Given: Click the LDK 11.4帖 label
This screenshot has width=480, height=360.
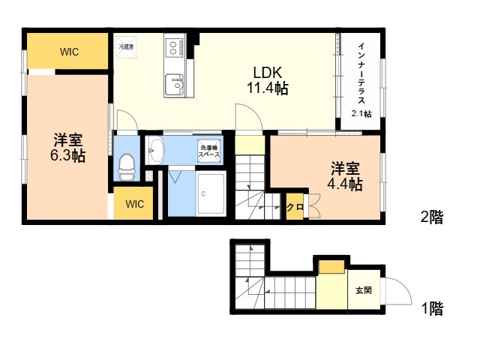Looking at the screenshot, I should pyautogui.click(x=267, y=80).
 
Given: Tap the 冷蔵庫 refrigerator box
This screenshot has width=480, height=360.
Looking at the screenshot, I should pyautogui.click(x=127, y=46).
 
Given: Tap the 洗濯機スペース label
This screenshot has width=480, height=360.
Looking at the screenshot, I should pyautogui.click(x=209, y=151).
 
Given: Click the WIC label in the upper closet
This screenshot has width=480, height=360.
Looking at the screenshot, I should pyautogui.click(x=70, y=52).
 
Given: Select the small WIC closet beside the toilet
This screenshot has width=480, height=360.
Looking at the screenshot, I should pyautogui.click(x=134, y=203).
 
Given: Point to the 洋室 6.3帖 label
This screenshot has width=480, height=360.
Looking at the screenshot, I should pyautogui.click(x=68, y=148).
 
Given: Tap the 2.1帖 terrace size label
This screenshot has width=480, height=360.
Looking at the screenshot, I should pyautogui.click(x=361, y=113).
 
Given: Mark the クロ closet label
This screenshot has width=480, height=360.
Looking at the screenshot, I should pyautogui.click(x=295, y=207).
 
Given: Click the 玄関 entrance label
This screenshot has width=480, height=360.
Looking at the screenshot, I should pyautogui.click(x=363, y=289).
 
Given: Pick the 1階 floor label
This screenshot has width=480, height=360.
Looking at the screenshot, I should pyautogui.click(x=431, y=307).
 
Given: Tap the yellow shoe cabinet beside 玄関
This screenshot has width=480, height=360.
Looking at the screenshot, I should pyautogui.click(x=331, y=265).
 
